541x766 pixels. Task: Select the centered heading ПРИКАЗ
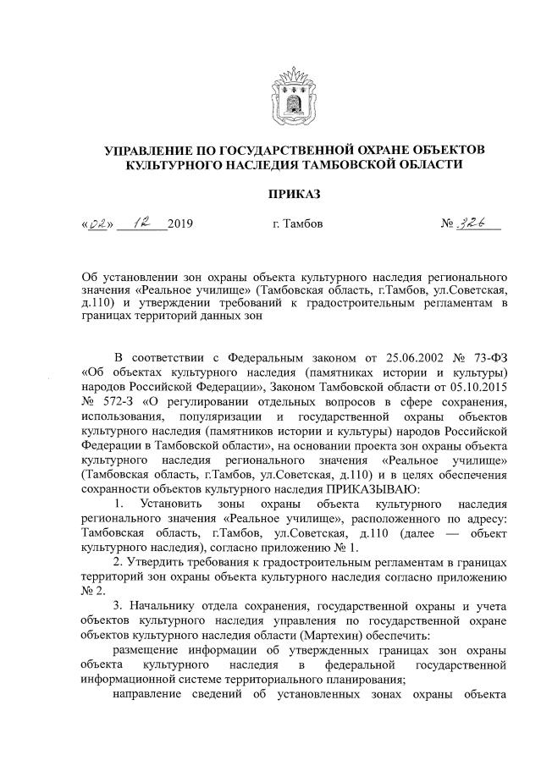(x=294, y=194)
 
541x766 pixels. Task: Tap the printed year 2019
(x=180, y=225)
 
